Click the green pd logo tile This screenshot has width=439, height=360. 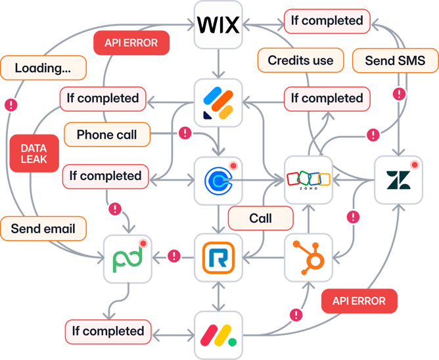[x=127, y=256]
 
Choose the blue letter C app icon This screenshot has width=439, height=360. [x=218, y=179]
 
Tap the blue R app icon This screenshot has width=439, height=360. [x=218, y=256]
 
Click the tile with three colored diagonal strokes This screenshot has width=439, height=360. [x=218, y=102]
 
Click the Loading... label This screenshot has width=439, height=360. [x=43, y=67]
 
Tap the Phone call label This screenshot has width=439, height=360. [x=107, y=135]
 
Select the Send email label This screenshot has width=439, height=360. [x=43, y=229]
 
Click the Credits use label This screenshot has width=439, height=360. [x=300, y=60]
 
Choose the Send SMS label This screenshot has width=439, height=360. [x=394, y=61]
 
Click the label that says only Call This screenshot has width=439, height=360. [x=261, y=218]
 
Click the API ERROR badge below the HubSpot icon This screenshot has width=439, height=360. [x=359, y=301]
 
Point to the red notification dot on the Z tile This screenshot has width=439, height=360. [x=415, y=164]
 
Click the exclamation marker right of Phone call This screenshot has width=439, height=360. [x=185, y=133]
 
